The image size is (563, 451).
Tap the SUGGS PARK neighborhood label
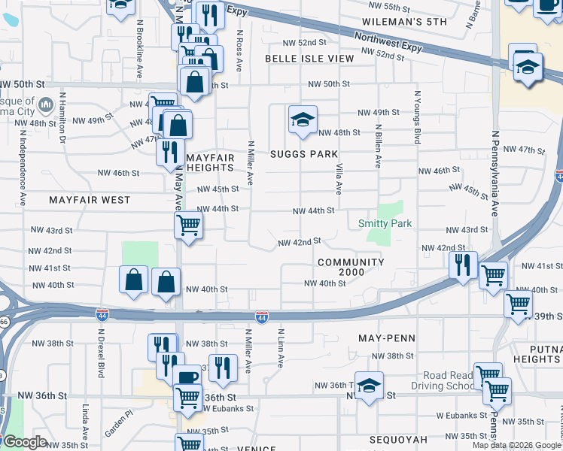(304, 154)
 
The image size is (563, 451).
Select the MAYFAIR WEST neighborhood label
(90, 201)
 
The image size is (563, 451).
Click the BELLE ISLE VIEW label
(309, 58)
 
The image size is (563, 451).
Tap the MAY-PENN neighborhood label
(386, 338)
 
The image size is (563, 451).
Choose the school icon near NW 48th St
(303, 120)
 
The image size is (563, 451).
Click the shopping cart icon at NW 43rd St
(187, 224)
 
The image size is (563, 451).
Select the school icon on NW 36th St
(369, 387)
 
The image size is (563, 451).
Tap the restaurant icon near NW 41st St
(463, 265)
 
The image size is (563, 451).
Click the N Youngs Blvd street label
(416, 117)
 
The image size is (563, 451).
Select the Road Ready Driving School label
(448, 381)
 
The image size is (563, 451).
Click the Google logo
(25, 442)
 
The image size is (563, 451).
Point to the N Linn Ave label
(281, 348)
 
